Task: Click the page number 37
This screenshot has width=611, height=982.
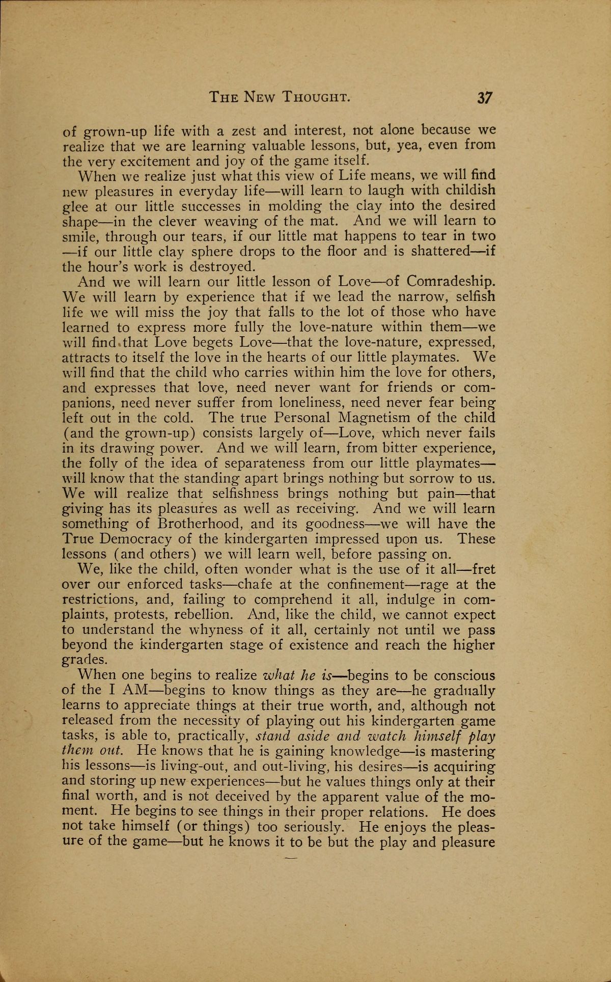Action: coord(484,98)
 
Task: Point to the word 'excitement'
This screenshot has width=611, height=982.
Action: coord(159,161)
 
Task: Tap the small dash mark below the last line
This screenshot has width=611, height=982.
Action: coord(291,859)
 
